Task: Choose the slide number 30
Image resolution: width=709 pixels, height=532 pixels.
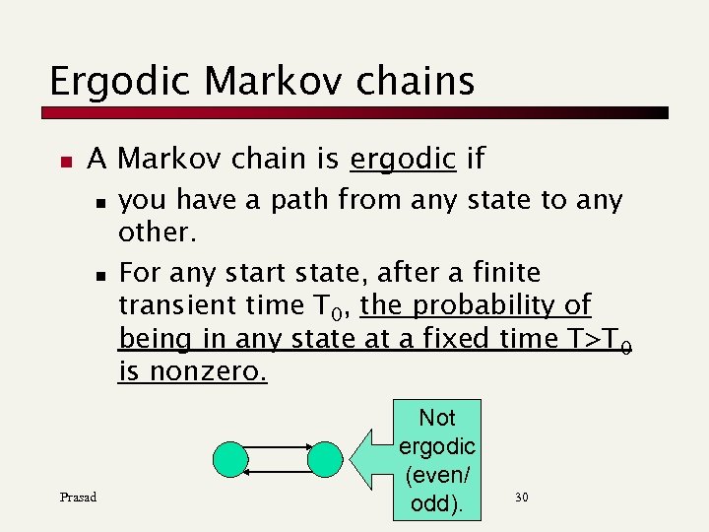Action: click(x=521, y=497)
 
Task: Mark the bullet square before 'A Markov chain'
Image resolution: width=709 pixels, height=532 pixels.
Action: click(x=64, y=160)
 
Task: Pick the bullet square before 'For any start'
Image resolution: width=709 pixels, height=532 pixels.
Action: click(x=99, y=273)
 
